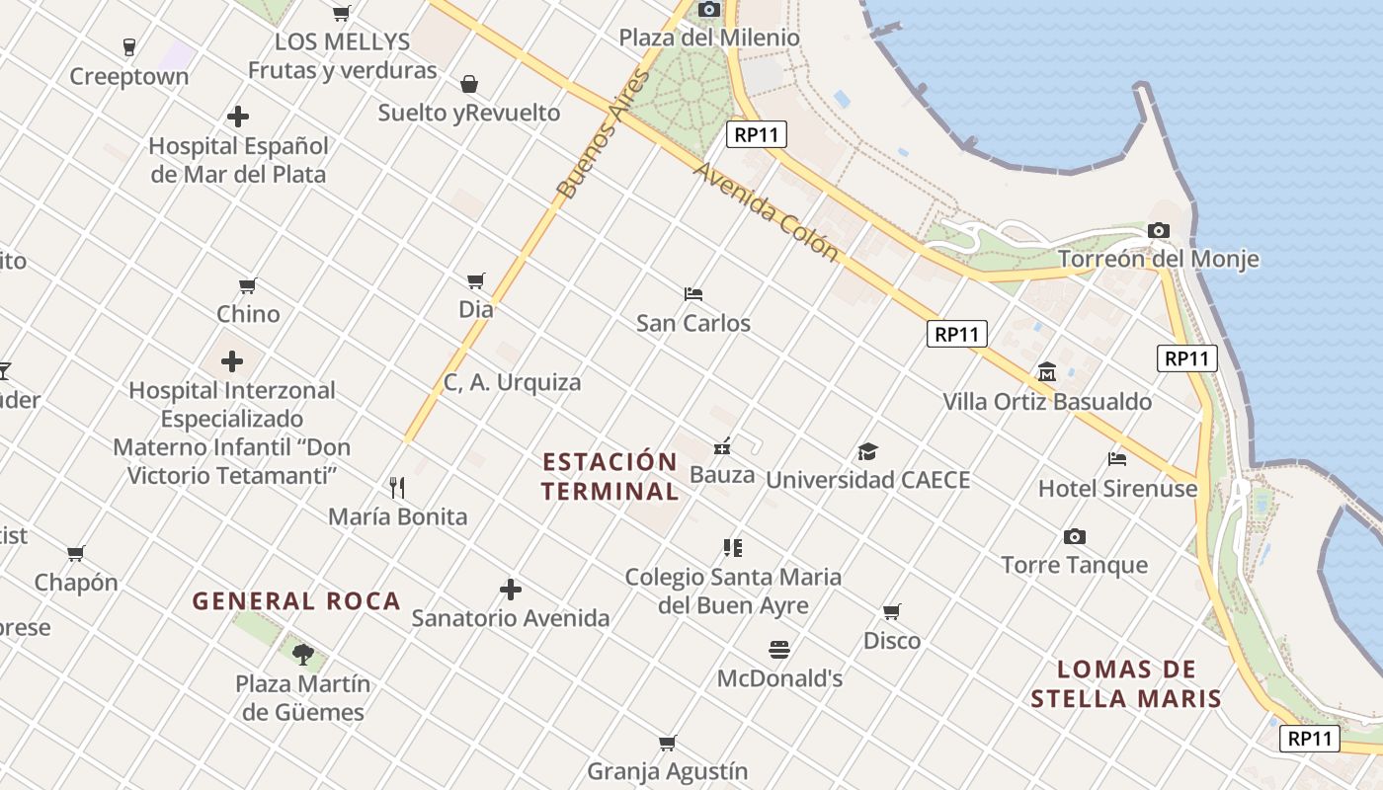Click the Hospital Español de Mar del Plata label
click(x=238, y=160)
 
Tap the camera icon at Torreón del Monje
click(x=1159, y=231)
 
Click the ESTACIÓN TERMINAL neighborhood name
click(x=610, y=476)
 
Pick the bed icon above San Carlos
click(x=693, y=294)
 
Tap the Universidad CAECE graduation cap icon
click(x=867, y=451)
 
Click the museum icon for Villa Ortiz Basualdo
click(x=1047, y=372)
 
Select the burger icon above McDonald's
click(x=779, y=649)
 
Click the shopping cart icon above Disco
click(x=892, y=612)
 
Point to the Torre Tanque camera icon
click(x=1075, y=536)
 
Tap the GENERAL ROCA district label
click(x=296, y=600)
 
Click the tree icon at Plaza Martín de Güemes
click(x=303, y=653)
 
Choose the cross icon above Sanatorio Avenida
click(x=511, y=590)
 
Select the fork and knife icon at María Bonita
click(x=397, y=487)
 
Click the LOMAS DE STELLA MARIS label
click(x=1126, y=684)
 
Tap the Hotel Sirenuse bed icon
click(x=1117, y=459)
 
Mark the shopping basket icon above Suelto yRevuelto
click(x=469, y=84)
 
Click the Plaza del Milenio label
click(x=709, y=38)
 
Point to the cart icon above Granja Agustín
click(x=668, y=743)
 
